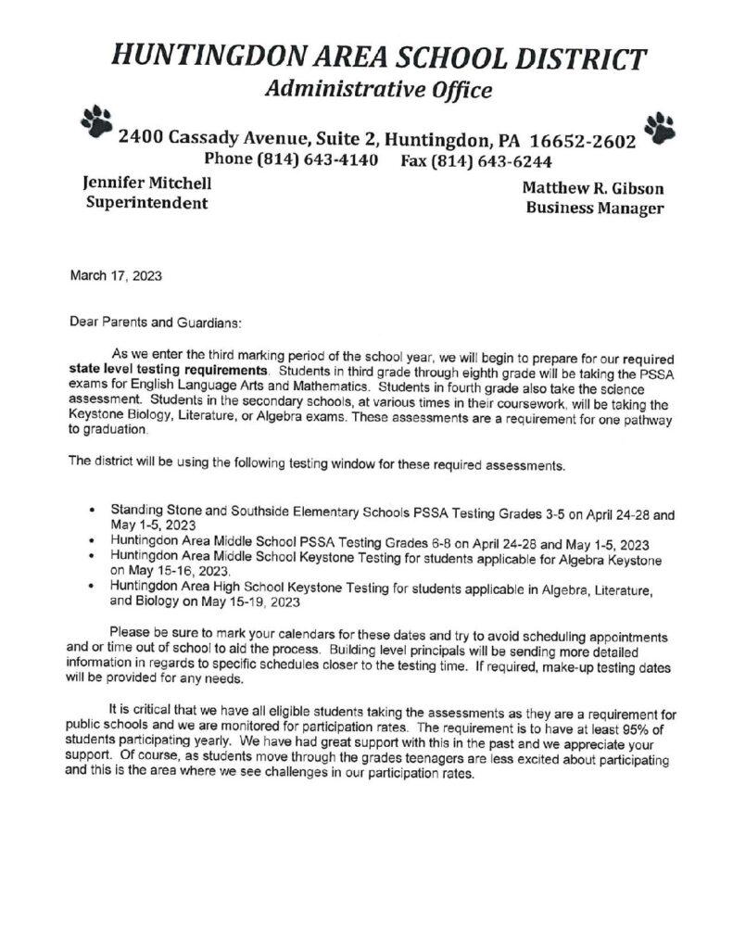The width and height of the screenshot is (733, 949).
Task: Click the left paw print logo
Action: coord(96,121)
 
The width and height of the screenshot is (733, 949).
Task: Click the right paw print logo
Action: coord(660,129)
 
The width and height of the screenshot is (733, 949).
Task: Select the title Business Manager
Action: coord(594,209)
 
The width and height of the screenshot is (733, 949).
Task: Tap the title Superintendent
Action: coord(146,203)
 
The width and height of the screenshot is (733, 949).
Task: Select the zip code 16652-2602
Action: coord(582,142)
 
